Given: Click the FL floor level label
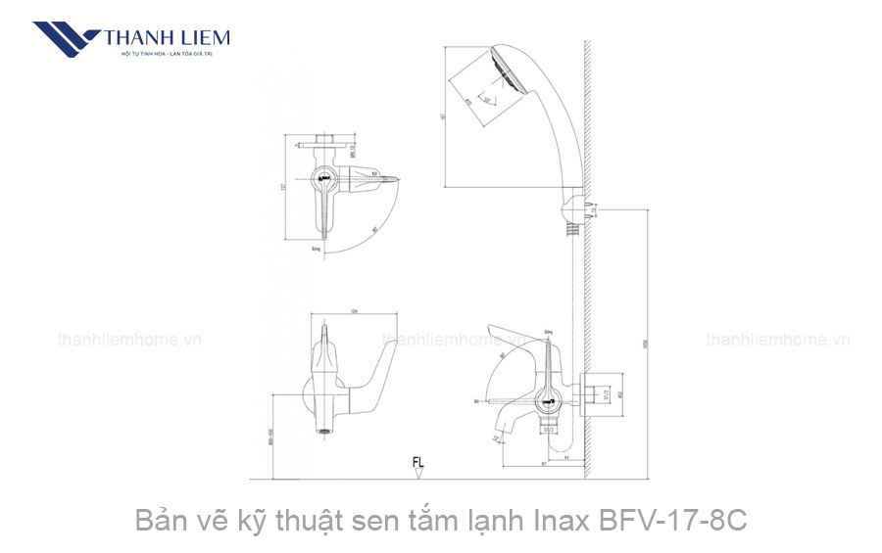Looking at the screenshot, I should (418, 461).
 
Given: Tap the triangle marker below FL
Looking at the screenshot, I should (418, 474).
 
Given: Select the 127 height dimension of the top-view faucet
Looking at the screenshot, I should (281, 189).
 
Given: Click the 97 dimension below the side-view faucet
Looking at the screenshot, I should (541, 464).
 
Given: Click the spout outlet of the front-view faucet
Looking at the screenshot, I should (323, 430).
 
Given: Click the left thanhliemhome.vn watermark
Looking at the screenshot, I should (129, 341).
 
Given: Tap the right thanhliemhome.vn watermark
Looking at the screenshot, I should (778, 341).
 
